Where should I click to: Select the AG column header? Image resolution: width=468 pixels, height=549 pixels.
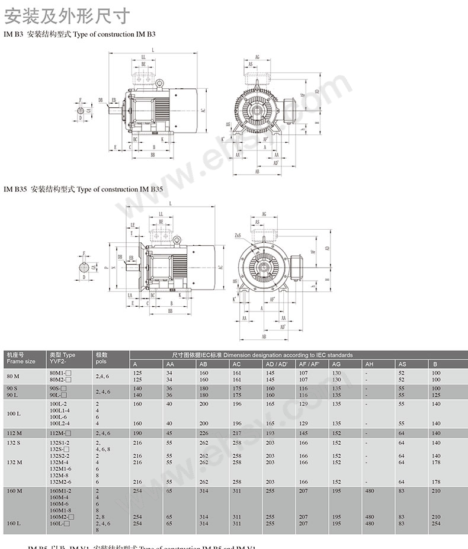(336, 364)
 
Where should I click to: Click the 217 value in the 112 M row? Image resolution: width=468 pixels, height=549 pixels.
(237, 432)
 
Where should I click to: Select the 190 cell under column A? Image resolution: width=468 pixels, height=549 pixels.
(137, 432)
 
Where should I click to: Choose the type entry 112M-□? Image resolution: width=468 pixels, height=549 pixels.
(61, 432)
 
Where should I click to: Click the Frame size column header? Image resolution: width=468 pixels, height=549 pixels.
(21, 358)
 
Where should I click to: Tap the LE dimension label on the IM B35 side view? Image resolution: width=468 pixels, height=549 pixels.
(133, 225)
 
